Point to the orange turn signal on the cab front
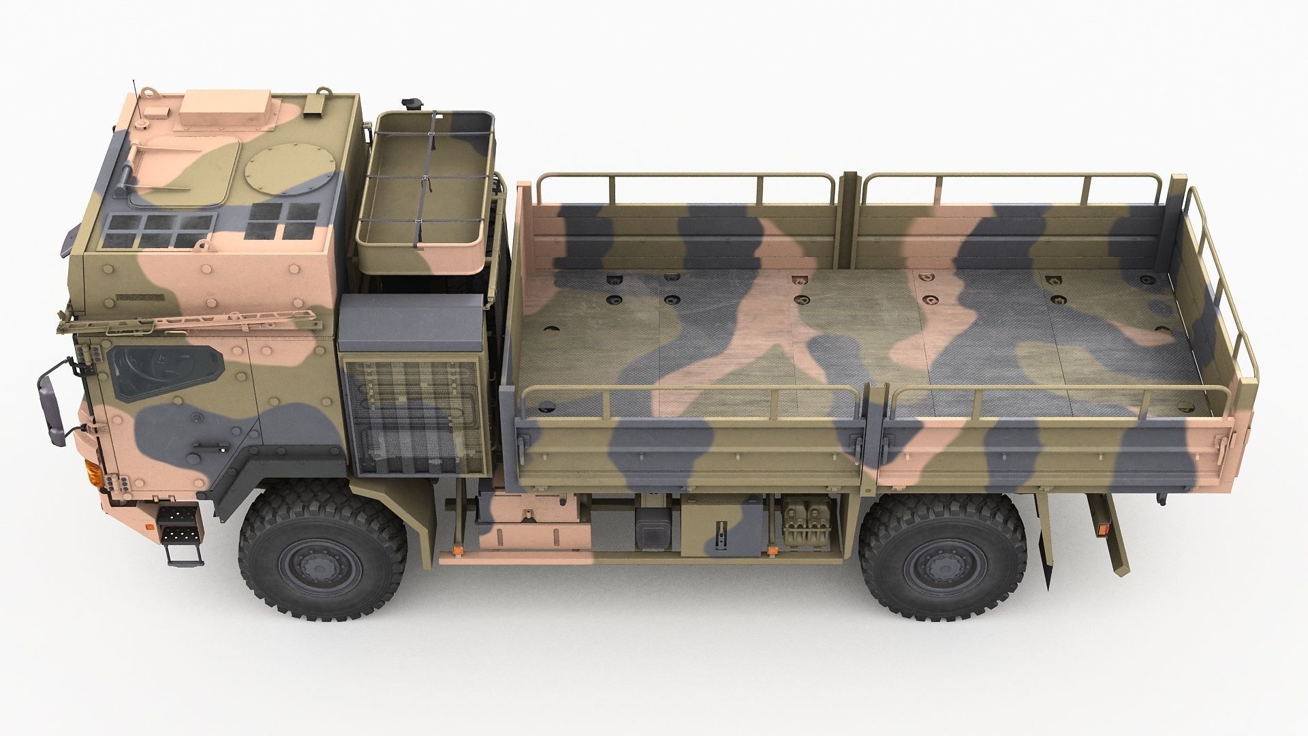[x=93, y=472]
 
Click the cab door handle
[x=210, y=446]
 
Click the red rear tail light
[x=1099, y=528]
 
